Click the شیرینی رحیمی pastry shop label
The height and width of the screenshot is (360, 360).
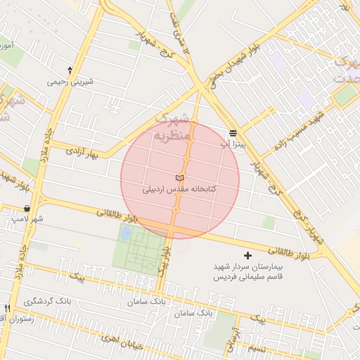70,82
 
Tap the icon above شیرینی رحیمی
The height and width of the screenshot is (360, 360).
70,70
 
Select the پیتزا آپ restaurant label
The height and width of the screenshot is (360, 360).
231,144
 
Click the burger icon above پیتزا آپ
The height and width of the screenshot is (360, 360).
233,133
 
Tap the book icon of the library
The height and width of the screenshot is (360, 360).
179,178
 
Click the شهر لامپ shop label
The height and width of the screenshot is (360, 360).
27,219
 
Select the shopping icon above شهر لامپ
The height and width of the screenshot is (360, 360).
27,208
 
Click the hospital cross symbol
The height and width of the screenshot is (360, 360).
247,255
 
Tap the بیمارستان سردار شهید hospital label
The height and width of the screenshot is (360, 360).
247,267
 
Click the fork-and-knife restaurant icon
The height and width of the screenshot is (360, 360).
8,308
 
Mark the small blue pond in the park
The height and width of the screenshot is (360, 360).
124,233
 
